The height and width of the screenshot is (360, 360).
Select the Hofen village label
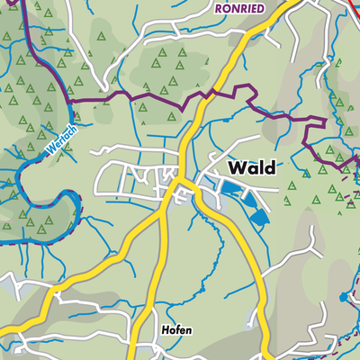[x=176, y=330]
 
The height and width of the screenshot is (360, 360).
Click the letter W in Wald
[x=238, y=167]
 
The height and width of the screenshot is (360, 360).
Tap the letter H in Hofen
[x=165, y=330]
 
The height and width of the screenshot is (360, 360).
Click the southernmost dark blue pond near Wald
[x=259, y=217]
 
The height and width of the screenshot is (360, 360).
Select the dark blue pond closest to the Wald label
[x=233, y=188]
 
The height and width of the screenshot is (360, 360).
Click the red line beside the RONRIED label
[x=351, y=7]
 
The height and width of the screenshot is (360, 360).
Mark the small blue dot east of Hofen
[x=342, y=296]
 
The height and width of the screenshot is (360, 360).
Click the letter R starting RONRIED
[x=220, y=6]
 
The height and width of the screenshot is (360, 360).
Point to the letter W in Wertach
[x=46, y=147]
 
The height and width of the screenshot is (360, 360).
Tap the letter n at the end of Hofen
[x=189, y=330]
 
